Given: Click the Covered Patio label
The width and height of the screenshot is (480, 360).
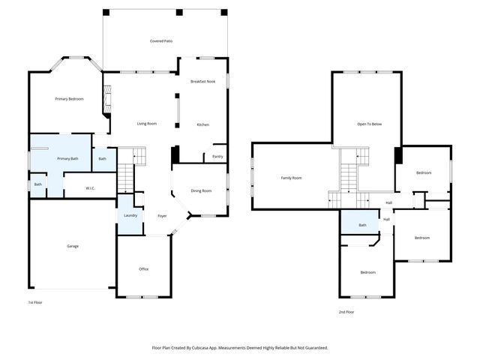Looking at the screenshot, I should (x=161, y=40).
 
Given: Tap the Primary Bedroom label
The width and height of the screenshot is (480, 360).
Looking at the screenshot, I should (x=69, y=99).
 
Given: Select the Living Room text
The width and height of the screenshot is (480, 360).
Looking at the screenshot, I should (x=146, y=123).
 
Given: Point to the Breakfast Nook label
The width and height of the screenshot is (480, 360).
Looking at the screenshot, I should (x=202, y=81).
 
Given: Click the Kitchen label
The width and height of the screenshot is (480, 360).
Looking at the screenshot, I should (x=202, y=124).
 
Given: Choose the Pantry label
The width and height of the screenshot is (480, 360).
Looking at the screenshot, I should (x=217, y=156).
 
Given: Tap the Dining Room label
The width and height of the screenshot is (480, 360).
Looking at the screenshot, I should (x=202, y=190).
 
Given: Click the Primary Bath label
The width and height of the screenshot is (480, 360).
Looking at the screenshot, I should (x=68, y=158).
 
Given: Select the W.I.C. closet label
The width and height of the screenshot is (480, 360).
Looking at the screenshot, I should (x=89, y=188).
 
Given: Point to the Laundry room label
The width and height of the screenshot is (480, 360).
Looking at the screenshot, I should (x=130, y=216).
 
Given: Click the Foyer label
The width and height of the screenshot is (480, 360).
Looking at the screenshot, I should (x=162, y=216).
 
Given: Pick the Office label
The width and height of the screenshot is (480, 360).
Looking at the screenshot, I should (x=143, y=268).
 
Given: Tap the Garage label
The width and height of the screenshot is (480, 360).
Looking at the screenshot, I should (x=73, y=246).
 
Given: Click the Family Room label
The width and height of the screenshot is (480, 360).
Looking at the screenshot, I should (x=291, y=178).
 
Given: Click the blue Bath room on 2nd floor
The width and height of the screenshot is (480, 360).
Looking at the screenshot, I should (x=362, y=225).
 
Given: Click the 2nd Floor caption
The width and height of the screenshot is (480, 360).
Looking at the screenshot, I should (x=346, y=312).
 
